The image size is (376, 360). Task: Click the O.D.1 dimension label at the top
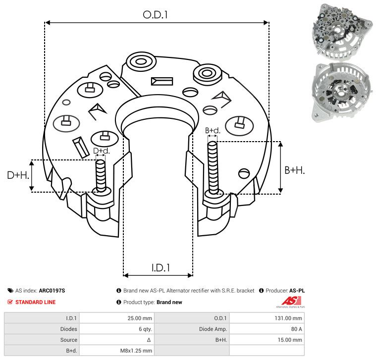click(156, 15)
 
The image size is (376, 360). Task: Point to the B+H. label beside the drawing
click(294, 170)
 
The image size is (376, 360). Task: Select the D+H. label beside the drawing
click(18, 175)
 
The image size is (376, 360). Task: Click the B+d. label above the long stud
click(213, 131)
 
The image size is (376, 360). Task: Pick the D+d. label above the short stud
click(101, 151)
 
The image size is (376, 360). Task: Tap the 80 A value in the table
click(295, 329)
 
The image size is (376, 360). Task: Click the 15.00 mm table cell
click(291, 340)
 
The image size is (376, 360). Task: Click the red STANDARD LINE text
click(35, 302)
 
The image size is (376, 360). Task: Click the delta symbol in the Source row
click(149, 340)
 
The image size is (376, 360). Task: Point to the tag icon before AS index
click(10, 291)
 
